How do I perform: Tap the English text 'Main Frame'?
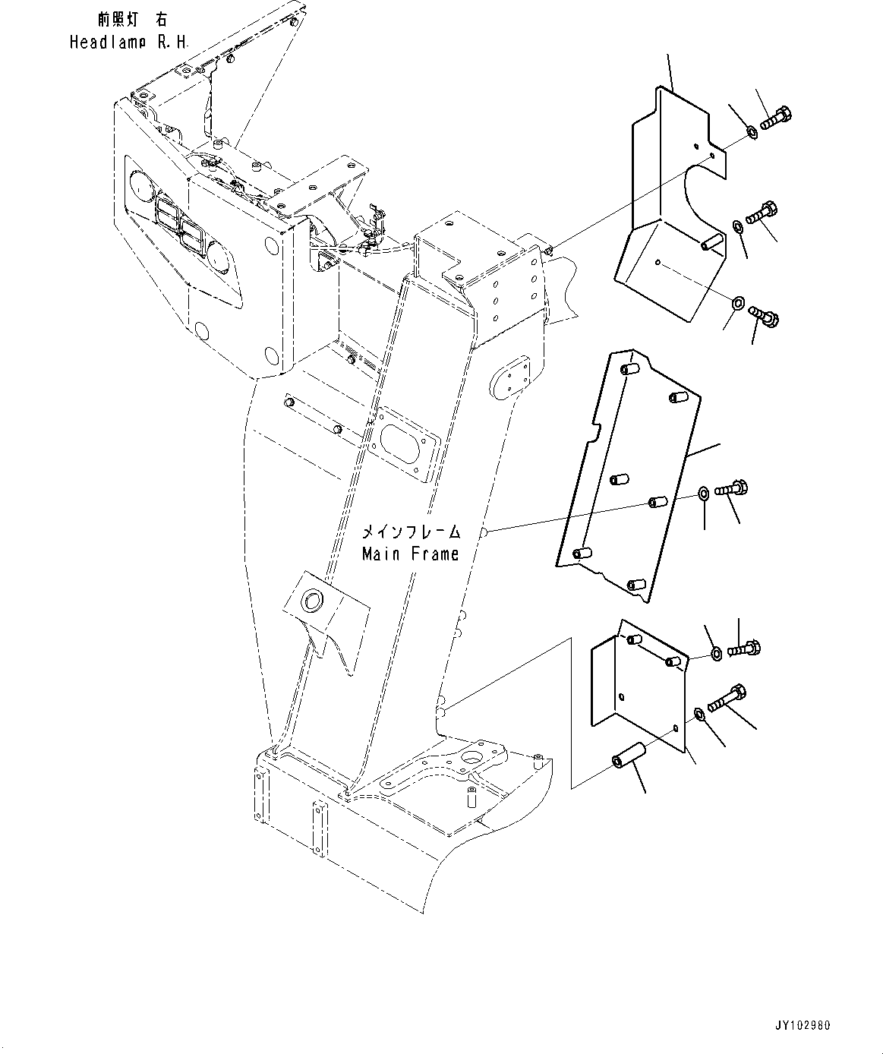[410, 554]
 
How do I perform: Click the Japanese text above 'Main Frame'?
[411, 532]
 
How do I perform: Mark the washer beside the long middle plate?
[704, 494]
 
